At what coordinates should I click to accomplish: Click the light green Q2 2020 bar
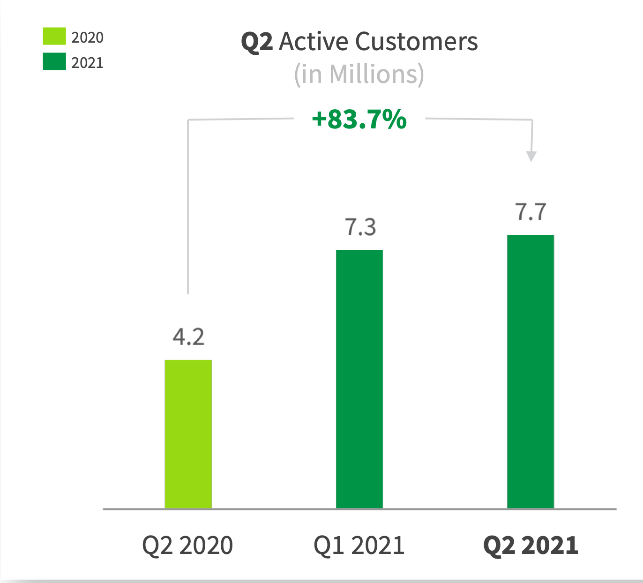click(x=188, y=434)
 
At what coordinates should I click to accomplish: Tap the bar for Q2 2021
click(x=531, y=371)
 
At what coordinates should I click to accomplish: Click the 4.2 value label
click(x=188, y=337)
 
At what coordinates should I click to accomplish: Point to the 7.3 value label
click(x=360, y=227)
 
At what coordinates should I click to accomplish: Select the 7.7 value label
click(x=531, y=212)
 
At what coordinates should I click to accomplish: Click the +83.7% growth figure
click(x=359, y=119)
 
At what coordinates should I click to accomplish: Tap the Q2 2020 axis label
click(x=187, y=545)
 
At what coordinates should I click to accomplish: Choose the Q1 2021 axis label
click(x=359, y=545)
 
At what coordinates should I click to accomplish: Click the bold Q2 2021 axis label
click(x=531, y=545)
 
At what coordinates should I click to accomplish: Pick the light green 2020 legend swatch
click(x=54, y=36)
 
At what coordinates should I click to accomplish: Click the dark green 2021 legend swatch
click(x=54, y=61)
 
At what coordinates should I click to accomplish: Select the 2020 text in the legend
click(x=87, y=37)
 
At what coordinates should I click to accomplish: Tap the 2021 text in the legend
click(x=87, y=62)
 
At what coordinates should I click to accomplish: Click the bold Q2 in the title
click(x=257, y=42)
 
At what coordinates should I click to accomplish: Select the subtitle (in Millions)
click(x=359, y=74)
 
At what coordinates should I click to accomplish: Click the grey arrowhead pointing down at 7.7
click(x=531, y=156)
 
